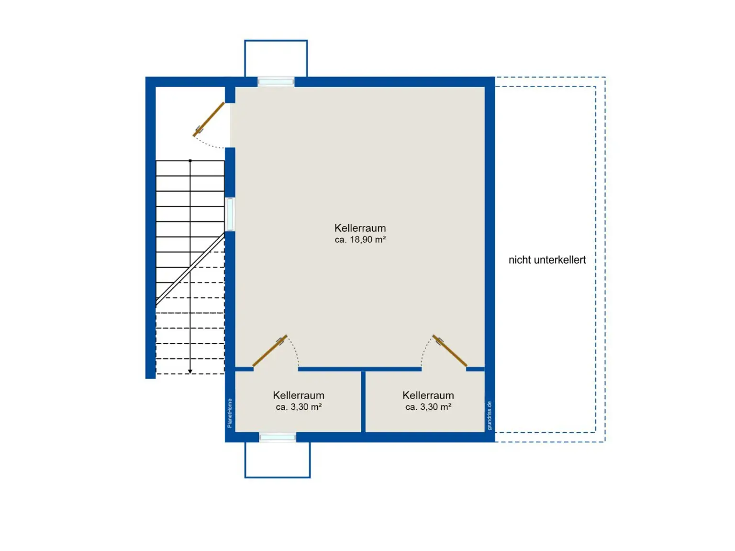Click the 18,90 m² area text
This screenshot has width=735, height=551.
[x=360, y=239]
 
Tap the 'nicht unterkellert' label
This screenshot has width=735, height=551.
[x=547, y=259]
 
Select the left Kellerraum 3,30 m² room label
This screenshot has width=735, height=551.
[x=298, y=401]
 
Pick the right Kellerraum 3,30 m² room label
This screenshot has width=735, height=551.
[x=428, y=401]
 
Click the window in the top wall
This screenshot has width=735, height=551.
[x=276, y=82]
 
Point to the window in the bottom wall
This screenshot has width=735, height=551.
[x=277, y=437]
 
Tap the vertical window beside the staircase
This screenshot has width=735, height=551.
[x=230, y=214]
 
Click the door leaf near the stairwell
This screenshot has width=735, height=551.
[x=208, y=119]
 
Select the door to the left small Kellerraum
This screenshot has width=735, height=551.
[x=270, y=350]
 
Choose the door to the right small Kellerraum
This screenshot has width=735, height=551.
[x=450, y=350]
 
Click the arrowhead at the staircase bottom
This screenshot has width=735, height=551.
[x=190, y=371]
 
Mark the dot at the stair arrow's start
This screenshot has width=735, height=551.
[x=190, y=161]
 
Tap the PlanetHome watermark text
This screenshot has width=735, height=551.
[x=230, y=413]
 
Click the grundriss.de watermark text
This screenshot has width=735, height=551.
[x=490, y=416]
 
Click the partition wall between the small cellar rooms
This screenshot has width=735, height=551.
[x=363, y=401]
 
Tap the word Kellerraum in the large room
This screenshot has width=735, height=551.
[x=360, y=228]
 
